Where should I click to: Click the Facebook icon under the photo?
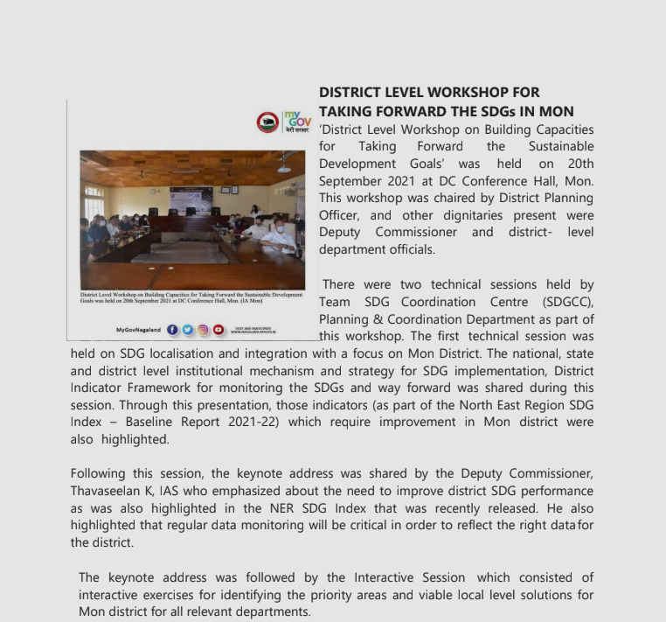coord(172,330)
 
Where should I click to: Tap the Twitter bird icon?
coord(188,330)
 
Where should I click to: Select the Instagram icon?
coord(203,330)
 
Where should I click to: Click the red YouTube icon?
coord(219,330)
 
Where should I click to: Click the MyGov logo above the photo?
coord(298,122)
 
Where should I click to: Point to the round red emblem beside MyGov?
coord(267,122)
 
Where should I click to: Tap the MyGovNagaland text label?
coord(138,331)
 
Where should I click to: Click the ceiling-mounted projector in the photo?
coord(284,166)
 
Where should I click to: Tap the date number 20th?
coord(580,164)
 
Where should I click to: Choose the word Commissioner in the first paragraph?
coord(416,233)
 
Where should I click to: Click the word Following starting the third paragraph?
coord(98,474)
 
